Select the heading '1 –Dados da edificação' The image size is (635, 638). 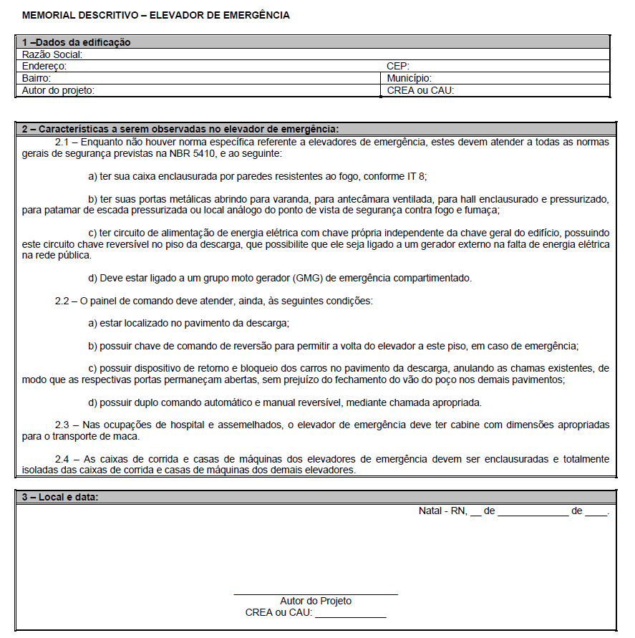click(77, 43)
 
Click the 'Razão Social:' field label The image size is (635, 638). click(53, 54)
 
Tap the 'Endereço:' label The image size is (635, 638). click(44, 67)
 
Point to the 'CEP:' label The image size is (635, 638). click(398, 67)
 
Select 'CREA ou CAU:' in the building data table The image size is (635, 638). click(421, 91)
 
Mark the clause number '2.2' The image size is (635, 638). click(62, 301)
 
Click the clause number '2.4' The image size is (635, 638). click(62, 459)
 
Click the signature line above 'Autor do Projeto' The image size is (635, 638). click(316, 594)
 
